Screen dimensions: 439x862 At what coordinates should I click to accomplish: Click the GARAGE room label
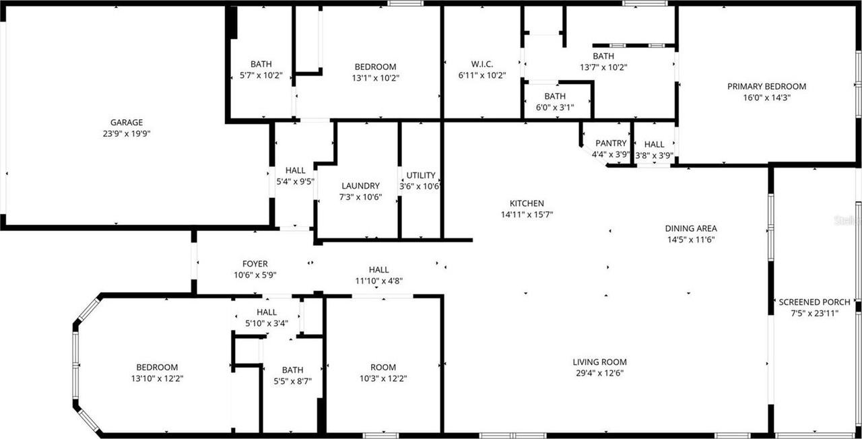(x=127, y=123)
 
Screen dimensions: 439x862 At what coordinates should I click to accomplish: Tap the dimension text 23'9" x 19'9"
(x=127, y=133)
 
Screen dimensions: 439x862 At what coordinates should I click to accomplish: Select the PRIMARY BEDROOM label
(x=766, y=86)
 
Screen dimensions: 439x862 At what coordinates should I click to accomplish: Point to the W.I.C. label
(x=482, y=65)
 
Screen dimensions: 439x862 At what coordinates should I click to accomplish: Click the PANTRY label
(x=611, y=143)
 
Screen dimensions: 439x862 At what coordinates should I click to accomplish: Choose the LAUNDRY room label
(x=360, y=186)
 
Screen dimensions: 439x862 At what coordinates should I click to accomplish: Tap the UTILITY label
(x=420, y=175)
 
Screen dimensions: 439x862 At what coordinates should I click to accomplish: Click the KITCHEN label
(x=526, y=203)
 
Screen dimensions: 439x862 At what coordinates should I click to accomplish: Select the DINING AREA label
(x=692, y=228)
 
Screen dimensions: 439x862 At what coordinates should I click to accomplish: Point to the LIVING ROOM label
(x=599, y=362)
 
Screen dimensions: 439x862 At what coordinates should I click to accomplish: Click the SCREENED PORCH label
(x=814, y=302)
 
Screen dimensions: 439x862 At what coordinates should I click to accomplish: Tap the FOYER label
(x=255, y=264)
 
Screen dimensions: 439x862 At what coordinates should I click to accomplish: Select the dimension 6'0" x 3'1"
(x=555, y=107)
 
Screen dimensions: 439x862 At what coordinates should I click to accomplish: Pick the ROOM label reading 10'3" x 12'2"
(x=383, y=367)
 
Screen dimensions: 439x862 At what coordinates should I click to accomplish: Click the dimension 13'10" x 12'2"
(x=157, y=378)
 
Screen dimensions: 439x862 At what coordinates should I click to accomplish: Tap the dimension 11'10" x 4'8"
(x=378, y=281)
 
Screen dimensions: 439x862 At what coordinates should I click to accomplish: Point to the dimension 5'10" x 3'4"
(x=267, y=323)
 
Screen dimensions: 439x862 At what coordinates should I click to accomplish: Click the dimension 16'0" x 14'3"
(x=766, y=97)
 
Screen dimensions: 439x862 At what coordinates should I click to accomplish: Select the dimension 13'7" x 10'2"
(x=603, y=67)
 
